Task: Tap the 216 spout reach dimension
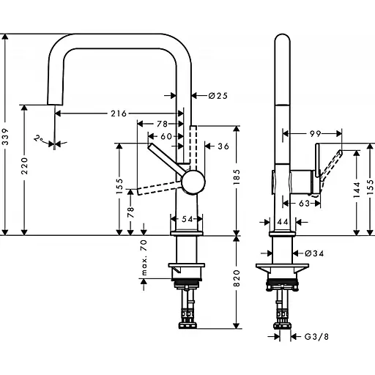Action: [118, 114]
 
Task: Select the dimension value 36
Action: [223, 146]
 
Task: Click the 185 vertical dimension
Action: [237, 175]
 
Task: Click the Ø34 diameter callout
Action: [314, 254]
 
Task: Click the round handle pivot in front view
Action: [193, 181]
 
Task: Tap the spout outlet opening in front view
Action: [55, 107]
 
